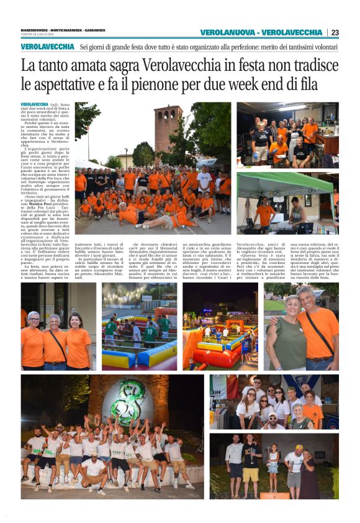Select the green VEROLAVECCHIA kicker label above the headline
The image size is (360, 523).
(47, 47)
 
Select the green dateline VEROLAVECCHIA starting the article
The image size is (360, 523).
(35, 104)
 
